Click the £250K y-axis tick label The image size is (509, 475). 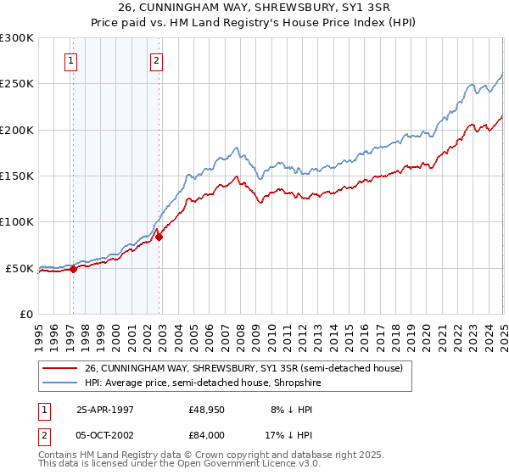(16, 84)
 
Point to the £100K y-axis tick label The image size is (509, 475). (16, 222)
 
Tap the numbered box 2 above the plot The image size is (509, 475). (157, 60)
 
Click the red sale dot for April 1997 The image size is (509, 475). (74, 269)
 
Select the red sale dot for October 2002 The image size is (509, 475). (159, 237)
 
